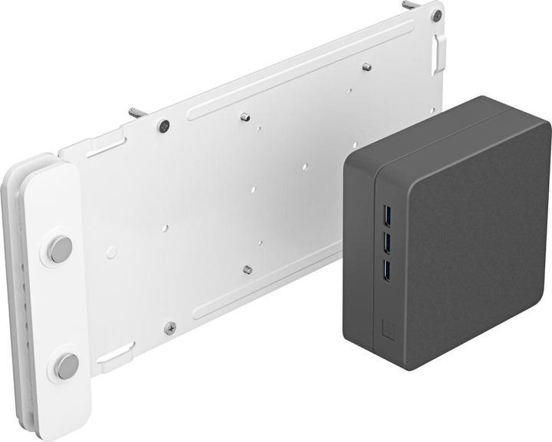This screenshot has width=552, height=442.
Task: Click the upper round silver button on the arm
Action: pos(60,249)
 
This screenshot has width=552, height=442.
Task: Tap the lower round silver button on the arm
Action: pos(66,365)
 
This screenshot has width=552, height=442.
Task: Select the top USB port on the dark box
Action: pos(385,213)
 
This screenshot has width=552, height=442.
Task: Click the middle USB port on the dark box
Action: pos(386,242)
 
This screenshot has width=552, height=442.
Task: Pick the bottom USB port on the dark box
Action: pos(386,269)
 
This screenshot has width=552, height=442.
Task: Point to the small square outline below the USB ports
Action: pos(388,327)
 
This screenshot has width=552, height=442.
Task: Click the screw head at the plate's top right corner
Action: pos(436,15)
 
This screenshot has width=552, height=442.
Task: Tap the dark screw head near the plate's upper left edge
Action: pos(164,125)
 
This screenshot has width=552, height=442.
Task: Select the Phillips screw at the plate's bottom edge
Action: pos(170,328)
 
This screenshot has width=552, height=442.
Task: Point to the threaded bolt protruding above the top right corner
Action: pos(411,5)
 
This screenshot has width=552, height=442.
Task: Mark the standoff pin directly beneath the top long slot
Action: pos(245,117)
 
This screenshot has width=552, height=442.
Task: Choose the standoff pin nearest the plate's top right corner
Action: pos(366,68)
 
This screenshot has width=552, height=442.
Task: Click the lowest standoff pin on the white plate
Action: pos(248,269)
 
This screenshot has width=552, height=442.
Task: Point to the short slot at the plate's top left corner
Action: pos(106,143)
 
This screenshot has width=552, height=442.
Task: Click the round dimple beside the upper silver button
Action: pos(112,251)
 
